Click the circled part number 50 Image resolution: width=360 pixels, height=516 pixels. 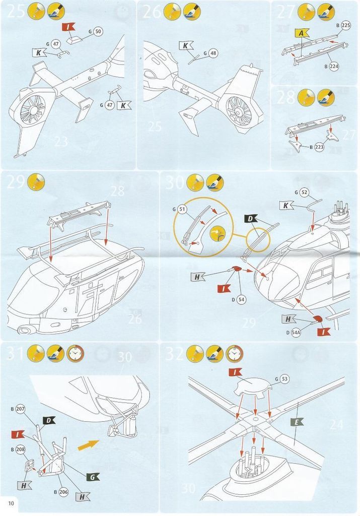click(x=97, y=32)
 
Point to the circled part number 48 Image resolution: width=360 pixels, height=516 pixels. click(x=213, y=53)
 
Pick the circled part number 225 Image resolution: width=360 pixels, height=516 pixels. click(x=345, y=25)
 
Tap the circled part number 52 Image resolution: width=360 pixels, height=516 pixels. click(x=304, y=192)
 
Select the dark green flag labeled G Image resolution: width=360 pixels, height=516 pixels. click(x=93, y=477)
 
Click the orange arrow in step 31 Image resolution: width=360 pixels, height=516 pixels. click(x=88, y=445)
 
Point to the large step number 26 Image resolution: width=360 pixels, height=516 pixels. click(x=153, y=11)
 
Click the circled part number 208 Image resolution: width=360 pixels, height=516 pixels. click(x=20, y=448)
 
